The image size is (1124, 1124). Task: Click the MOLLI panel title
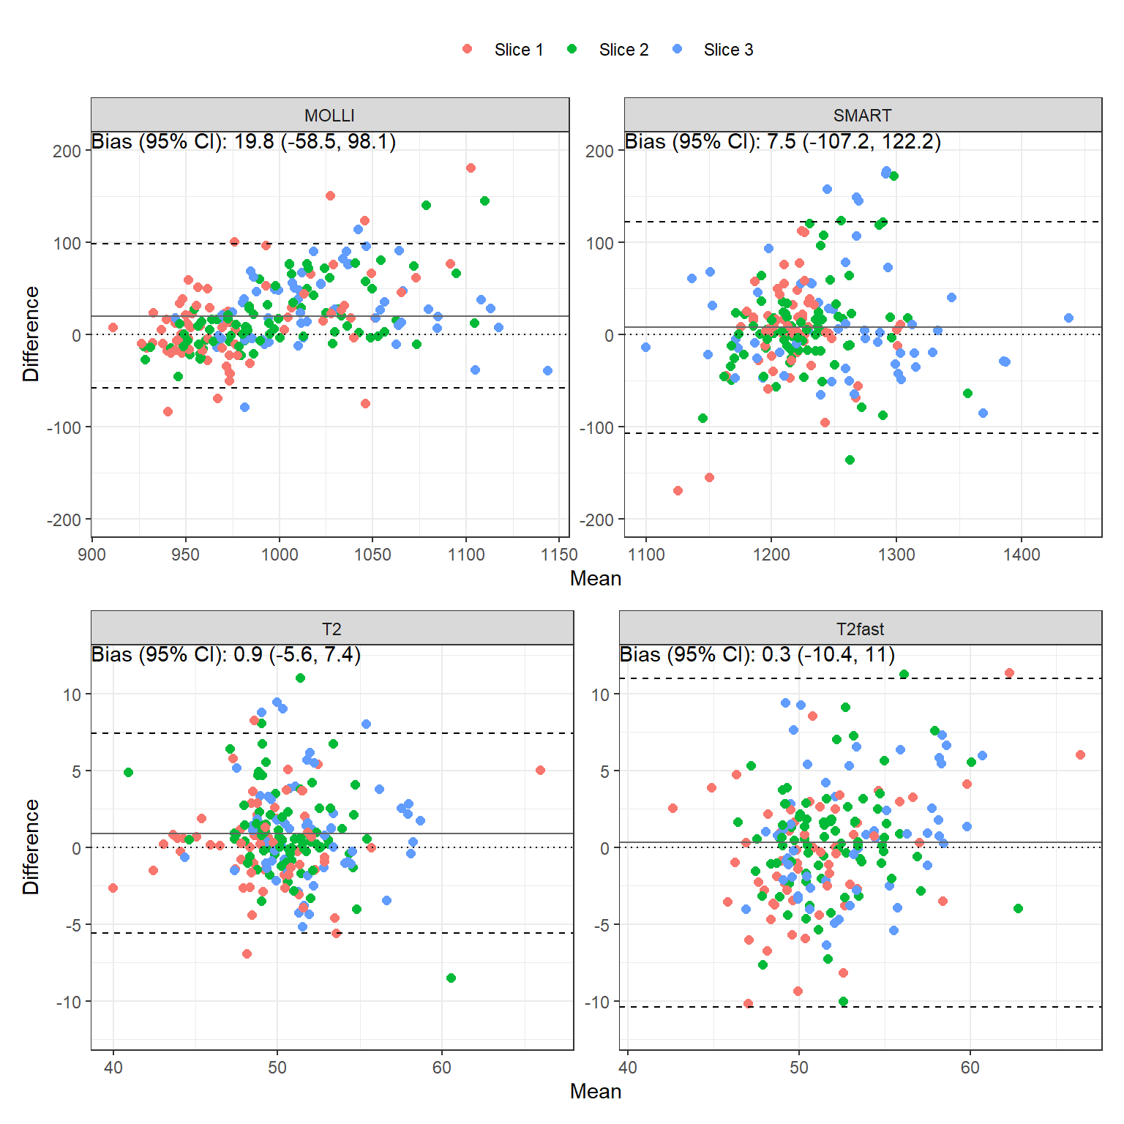pos(329,116)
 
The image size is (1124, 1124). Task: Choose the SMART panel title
pos(862,116)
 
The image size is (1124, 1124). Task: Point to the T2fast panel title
pos(860,629)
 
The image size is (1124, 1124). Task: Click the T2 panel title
pos(331,629)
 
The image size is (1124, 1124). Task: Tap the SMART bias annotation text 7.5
pos(782,141)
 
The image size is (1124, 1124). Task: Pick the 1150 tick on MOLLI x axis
pos(559,555)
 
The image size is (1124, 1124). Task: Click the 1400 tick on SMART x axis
pos(1022,555)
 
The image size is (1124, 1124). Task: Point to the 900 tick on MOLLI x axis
pos(91,555)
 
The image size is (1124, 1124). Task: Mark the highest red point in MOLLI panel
pos(471,168)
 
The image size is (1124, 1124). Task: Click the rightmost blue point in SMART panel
pos(1068,318)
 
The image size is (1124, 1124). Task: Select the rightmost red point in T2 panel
pos(540,770)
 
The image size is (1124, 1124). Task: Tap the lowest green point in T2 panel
pos(451,978)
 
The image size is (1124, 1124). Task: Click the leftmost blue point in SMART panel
pos(645,347)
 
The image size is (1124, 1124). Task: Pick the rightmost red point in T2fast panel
pos(1080,754)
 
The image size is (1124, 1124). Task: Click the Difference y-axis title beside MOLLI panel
pos(31,334)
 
